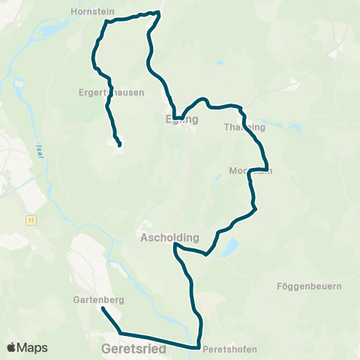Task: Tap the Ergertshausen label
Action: (x=110, y=93)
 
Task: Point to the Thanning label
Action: (x=244, y=127)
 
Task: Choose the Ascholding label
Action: (x=169, y=237)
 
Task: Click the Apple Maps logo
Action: (x=27, y=347)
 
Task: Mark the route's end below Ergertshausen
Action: (x=119, y=144)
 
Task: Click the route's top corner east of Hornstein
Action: (x=160, y=13)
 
